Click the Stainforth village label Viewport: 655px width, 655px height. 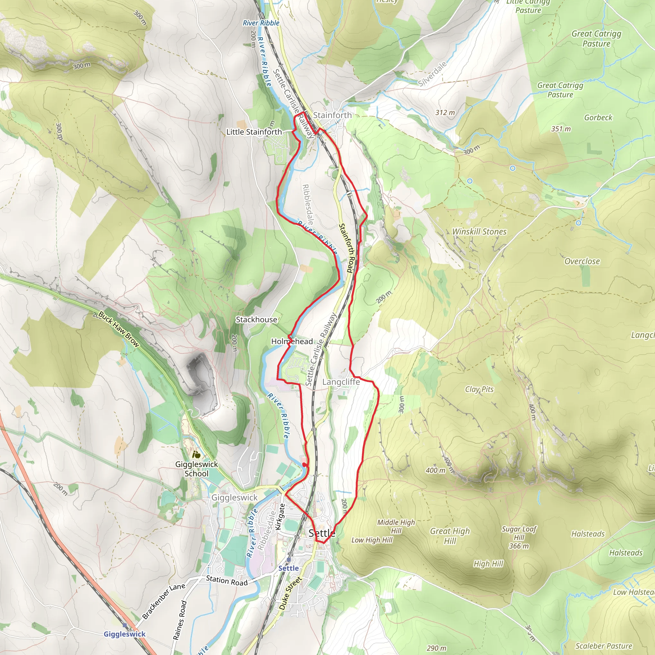[x=332, y=115]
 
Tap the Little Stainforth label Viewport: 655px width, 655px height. [x=254, y=132]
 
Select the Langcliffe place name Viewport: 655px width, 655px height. [x=341, y=382]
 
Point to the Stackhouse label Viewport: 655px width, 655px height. [x=256, y=320]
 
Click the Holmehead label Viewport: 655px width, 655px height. [x=292, y=341]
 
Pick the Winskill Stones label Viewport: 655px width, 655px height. [x=479, y=232]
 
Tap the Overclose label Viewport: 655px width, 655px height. [x=582, y=261]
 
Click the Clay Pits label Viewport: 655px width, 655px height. [x=479, y=389]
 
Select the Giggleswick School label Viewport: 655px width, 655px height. [x=196, y=469]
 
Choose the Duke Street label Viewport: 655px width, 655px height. [x=290, y=593]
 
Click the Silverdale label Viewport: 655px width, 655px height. [x=432, y=74]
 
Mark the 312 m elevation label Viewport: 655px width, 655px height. [x=445, y=113]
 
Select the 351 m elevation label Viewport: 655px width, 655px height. [x=561, y=129]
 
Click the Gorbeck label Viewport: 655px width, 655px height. [x=598, y=118]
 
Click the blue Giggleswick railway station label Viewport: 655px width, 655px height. [x=124, y=634]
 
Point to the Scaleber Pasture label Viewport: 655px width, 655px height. [x=604, y=646]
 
